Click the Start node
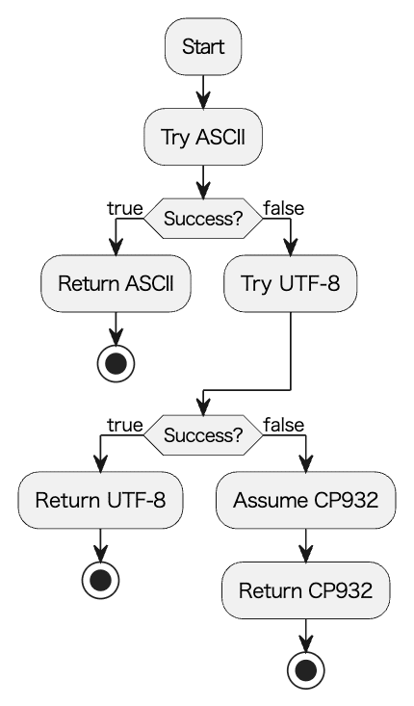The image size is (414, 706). click(x=203, y=46)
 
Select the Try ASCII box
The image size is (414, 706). click(x=203, y=137)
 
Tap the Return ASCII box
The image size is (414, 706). click(x=116, y=284)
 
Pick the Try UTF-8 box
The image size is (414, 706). click(x=291, y=284)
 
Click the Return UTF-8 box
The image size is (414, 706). click(x=101, y=500)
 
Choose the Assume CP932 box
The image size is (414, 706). click(x=306, y=500)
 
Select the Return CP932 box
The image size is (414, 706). click(x=306, y=590)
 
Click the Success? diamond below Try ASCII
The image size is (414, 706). click(x=203, y=219)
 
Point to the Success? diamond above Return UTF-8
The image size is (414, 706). click(x=203, y=435)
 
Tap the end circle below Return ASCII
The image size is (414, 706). click(x=116, y=364)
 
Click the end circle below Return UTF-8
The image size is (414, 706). click(x=101, y=581)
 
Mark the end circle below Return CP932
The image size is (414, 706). click(x=306, y=670)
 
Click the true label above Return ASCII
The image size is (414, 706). click(x=125, y=208)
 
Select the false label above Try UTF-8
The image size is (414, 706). click(x=284, y=208)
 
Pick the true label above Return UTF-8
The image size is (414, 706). click(x=125, y=425)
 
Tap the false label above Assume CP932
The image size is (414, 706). click(x=284, y=425)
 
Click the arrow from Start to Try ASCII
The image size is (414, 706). click(x=203, y=92)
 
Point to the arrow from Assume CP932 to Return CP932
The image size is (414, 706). click(x=306, y=546)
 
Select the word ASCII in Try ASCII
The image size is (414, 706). click(x=220, y=137)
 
